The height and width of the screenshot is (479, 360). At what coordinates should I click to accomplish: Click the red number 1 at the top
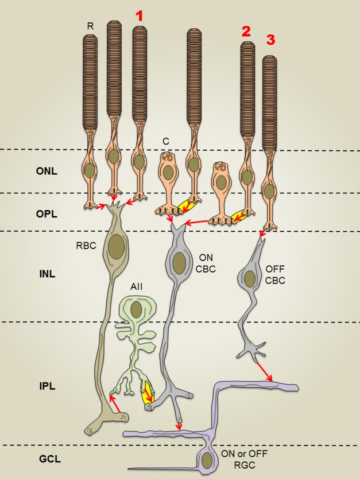coord(138,16)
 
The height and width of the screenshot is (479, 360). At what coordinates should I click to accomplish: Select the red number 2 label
coord(246,32)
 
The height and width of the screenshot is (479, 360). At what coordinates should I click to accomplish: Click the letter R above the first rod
coord(90,26)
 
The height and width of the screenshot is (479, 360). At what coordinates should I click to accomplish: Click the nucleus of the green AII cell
coord(136,310)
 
